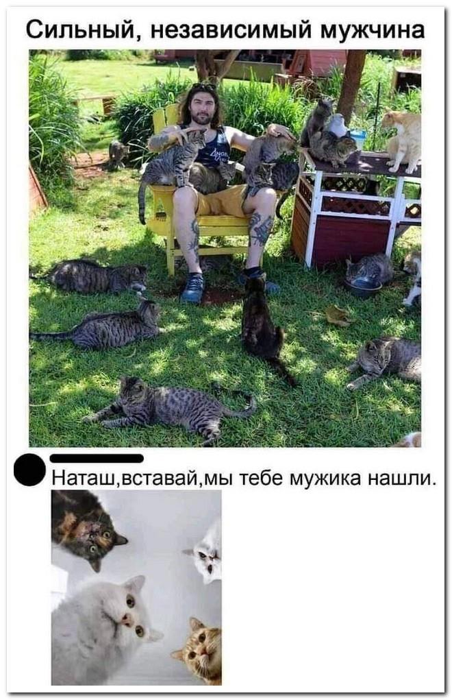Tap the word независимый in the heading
230,31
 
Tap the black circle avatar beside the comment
30,470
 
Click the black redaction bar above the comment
97,459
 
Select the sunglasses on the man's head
203,86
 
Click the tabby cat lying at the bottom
169,409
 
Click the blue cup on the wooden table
357,139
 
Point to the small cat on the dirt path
118,155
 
